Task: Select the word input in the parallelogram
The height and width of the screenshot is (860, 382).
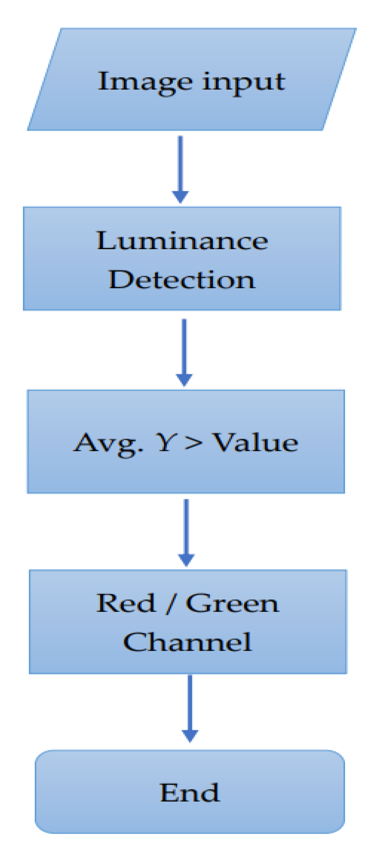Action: coord(244,83)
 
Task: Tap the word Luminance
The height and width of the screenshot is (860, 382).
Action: coord(182,241)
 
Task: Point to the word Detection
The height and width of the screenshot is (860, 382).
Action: coord(182,279)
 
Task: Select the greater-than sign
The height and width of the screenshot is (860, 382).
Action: coord(193,443)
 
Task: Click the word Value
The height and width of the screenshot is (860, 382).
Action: coord(256,442)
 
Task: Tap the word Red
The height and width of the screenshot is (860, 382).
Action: coord(126,603)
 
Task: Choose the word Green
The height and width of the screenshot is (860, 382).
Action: coord(232,603)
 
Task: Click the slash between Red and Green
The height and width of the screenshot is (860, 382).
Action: coord(170,604)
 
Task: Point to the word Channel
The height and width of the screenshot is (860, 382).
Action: coord(187,642)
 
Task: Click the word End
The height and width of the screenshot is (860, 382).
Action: coord(190,793)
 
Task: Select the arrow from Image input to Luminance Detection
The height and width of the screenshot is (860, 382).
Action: coord(180,167)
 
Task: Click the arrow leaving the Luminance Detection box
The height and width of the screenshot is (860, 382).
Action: coord(184,350)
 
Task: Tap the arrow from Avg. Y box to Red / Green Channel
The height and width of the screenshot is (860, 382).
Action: coord(186,530)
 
